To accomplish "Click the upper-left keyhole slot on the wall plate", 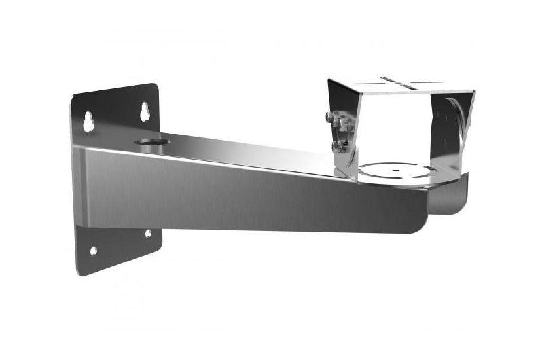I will (x=88, y=121).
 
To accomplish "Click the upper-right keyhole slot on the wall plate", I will (x=145, y=112).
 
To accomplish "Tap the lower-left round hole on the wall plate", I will (x=93, y=250).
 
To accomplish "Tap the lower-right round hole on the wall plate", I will (x=148, y=232).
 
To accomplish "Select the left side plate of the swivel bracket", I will (x=343, y=128).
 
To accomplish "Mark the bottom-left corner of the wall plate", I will (x=79, y=274).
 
